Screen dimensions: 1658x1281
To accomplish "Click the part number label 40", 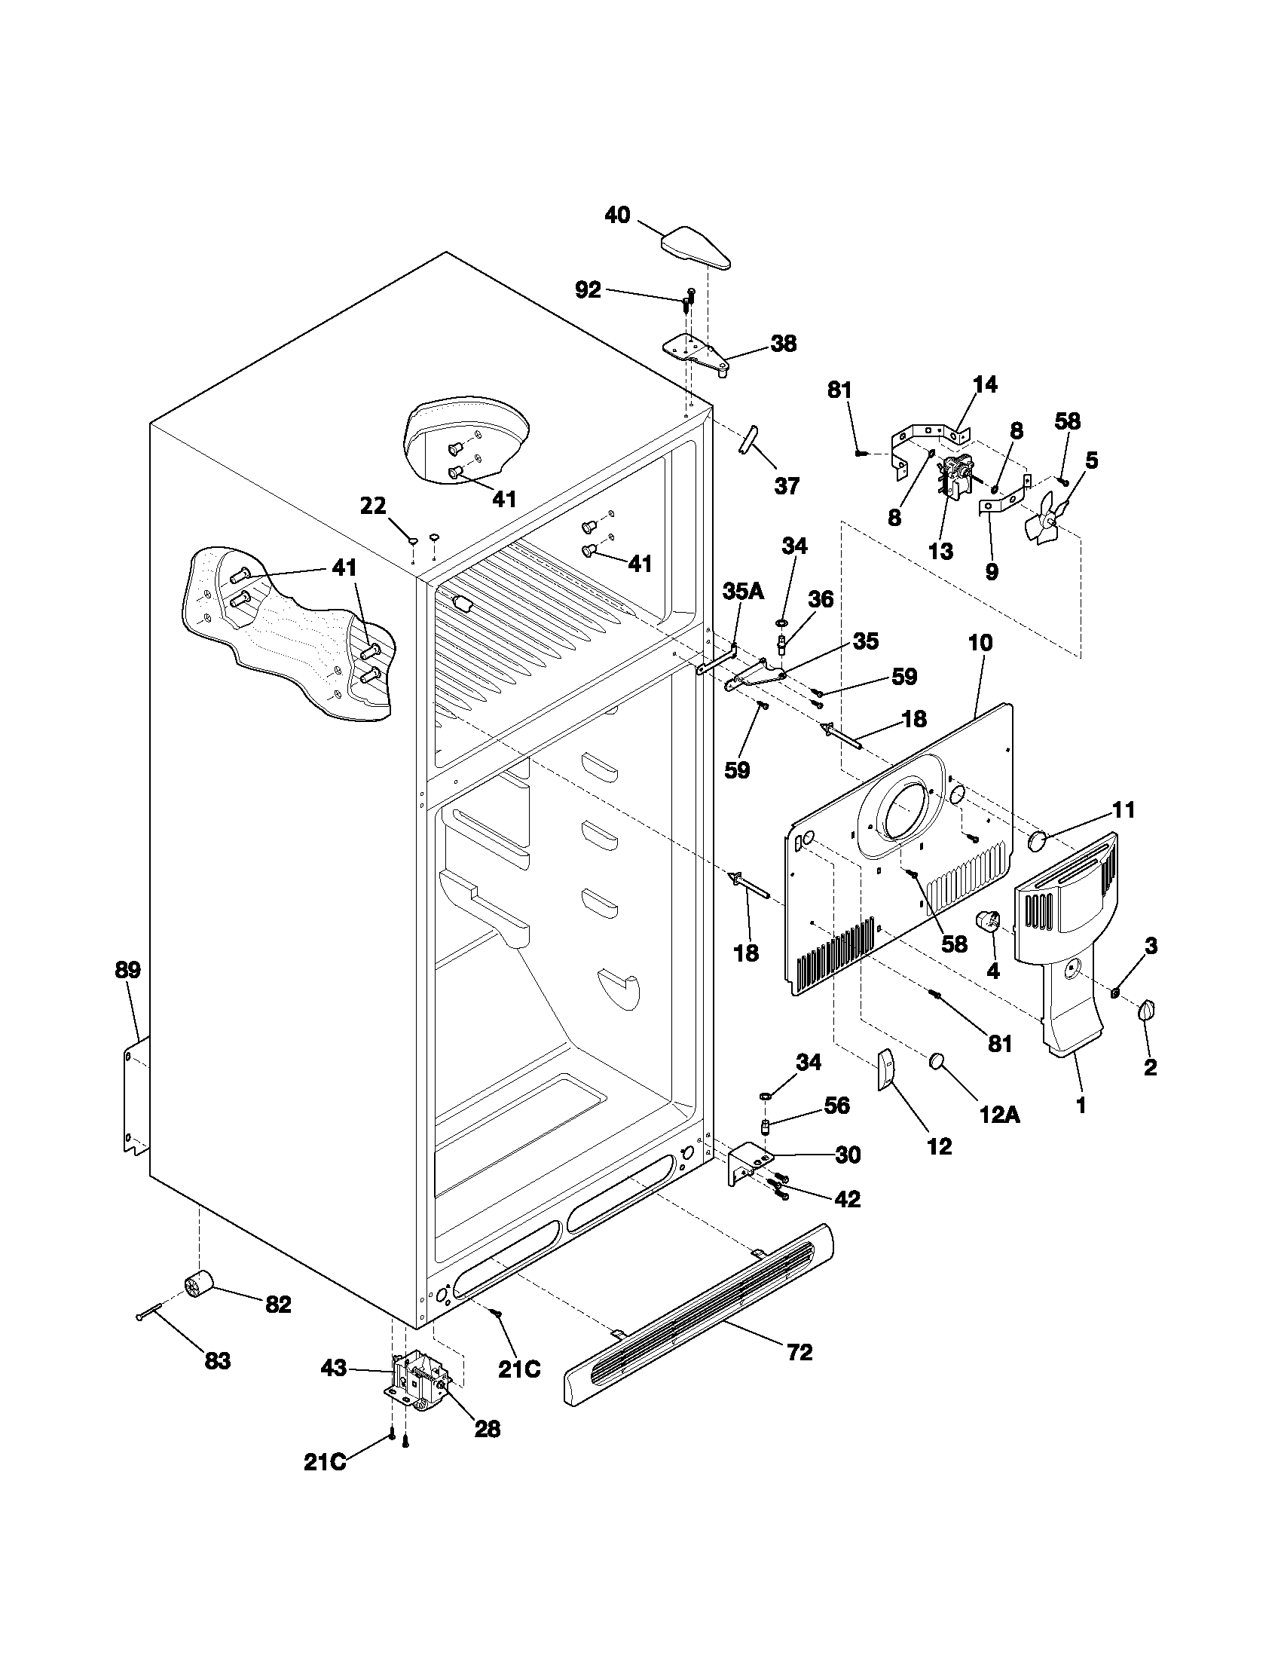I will pyautogui.click(x=617, y=216).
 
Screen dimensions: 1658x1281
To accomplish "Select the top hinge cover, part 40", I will pyautogui.click(x=695, y=248).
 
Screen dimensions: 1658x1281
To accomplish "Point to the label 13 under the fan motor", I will pyautogui.click(x=940, y=551).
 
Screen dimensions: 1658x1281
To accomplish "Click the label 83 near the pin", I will pyautogui.click(x=217, y=1361).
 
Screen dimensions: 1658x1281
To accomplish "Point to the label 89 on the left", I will pyautogui.click(x=127, y=969).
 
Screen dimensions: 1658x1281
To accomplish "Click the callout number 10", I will pyautogui.click(x=980, y=643).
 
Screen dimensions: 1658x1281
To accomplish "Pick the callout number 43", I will pyautogui.click(x=333, y=1368).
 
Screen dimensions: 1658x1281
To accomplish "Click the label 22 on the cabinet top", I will pyautogui.click(x=372, y=506).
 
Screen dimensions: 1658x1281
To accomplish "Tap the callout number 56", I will pyautogui.click(x=836, y=1105).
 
